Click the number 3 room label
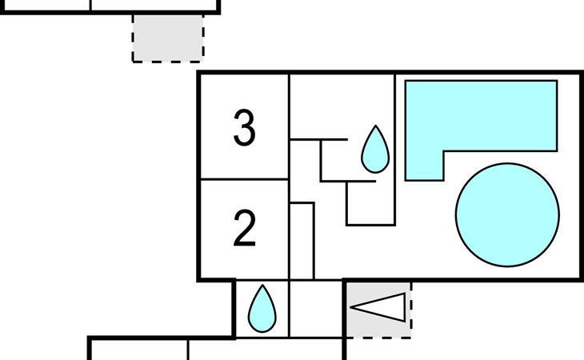(x=244, y=127)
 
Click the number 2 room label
(x=244, y=227)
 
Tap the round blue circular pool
(x=507, y=215)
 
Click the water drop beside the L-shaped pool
(x=375, y=150)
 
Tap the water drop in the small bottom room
(x=262, y=310)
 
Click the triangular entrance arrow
(x=378, y=307)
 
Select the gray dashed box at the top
(x=168, y=38)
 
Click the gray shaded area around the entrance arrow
(x=378, y=310)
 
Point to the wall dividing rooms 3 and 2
(x=245, y=179)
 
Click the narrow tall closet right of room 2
(x=302, y=242)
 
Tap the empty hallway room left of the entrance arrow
(x=316, y=309)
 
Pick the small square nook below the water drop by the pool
(x=370, y=204)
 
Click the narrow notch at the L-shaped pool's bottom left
(x=425, y=166)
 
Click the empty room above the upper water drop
(x=342, y=106)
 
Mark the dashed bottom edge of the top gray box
(x=168, y=62)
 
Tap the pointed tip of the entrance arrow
(x=351, y=307)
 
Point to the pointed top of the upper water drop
(x=375, y=126)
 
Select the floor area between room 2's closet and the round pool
(x=384, y=253)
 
